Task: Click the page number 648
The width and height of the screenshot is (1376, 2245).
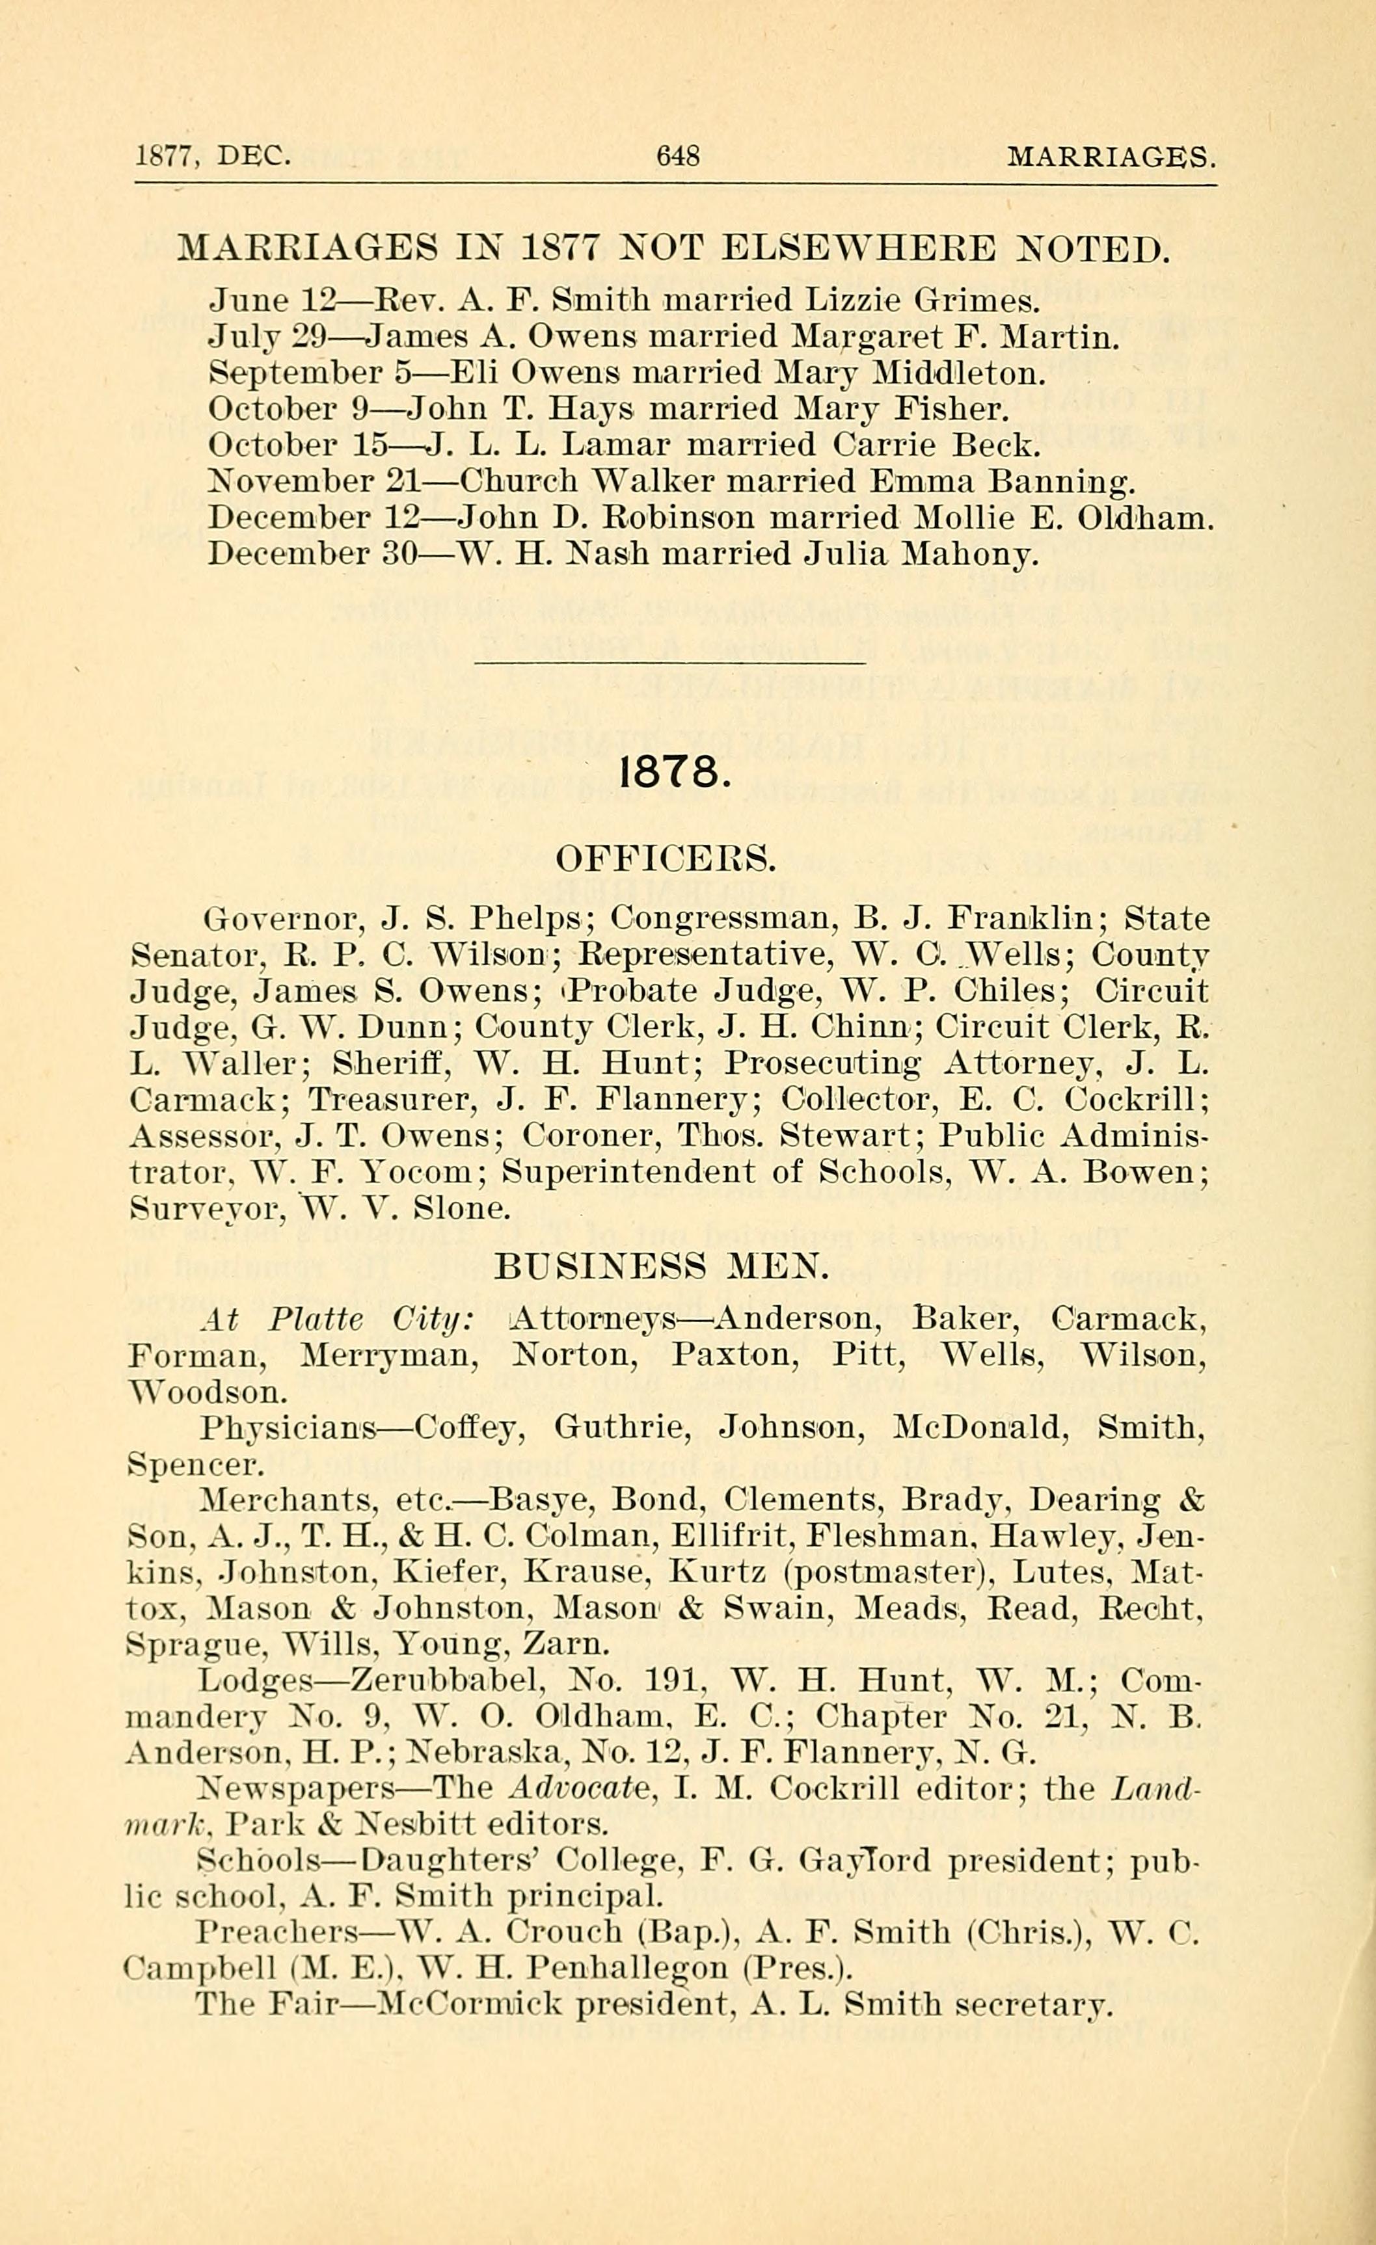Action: tap(678, 157)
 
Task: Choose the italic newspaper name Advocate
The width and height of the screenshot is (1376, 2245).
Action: tap(580, 1790)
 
